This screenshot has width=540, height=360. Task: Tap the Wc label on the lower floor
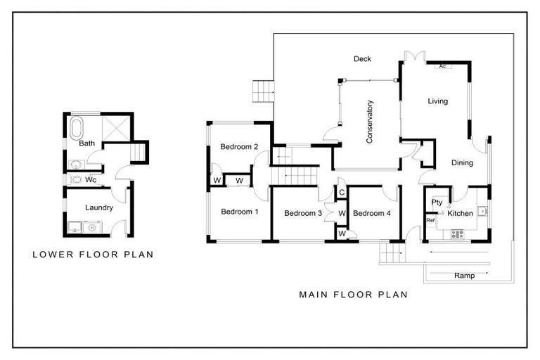pyautogui.click(x=91, y=179)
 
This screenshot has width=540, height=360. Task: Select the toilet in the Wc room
pyautogui.click(x=76, y=179)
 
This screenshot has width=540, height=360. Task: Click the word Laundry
pyautogui.click(x=99, y=207)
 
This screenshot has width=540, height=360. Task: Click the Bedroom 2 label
pyautogui.click(x=239, y=147)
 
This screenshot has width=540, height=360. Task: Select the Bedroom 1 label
pyautogui.click(x=239, y=212)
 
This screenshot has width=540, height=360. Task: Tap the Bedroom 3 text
pyautogui.click(x=303, y=213)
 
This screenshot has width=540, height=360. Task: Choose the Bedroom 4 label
pyautogui.click(x=371, y=213)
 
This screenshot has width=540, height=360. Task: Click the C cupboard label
pyautogui.click(x=341, y=192)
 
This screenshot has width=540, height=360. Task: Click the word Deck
pyautogui.click(x=362, y=59)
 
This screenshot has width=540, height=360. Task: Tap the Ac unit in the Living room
pyautogui.click(x=443, y=66)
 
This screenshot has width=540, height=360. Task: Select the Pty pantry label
pyautogui.click(x=437, y=202)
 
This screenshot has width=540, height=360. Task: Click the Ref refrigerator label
pyautogui.click(x=431, y=220)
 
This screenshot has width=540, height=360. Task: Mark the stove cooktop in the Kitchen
pyautogui.click(x=458, y=235)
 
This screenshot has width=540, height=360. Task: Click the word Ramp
pyautogui.click(x=464, y=276)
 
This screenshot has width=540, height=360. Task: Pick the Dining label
pyautogui.click(x=461, y=163)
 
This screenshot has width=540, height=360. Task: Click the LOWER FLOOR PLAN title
pyautogui.click(x=93, y=255)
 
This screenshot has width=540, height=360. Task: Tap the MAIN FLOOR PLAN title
pyautogui.click(x=353, y=295)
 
